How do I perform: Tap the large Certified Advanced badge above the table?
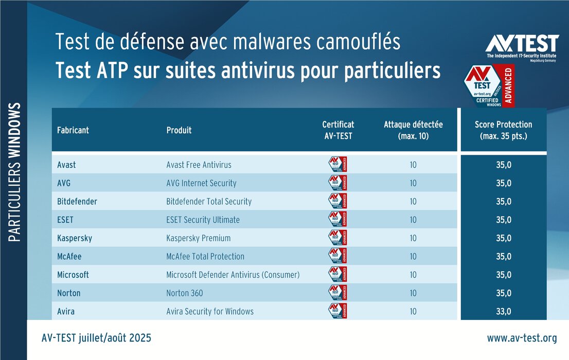(489, 85)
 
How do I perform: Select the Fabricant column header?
(73, 130)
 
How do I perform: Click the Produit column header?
(179, 130)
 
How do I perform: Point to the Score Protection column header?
(503, 130)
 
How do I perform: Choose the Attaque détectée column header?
(413, 130)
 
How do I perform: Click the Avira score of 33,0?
(503, 311)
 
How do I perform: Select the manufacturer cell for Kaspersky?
(75, 238)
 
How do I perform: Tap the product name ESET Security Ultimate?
(203, 220)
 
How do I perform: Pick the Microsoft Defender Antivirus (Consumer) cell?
(233, 275)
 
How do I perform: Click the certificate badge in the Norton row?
(337, 293)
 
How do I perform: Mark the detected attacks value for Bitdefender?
(413, 202)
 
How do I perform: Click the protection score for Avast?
(503, 165)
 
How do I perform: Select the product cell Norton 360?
(185, 293)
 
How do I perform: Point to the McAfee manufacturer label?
(69, 256)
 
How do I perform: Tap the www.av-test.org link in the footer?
(522, 338)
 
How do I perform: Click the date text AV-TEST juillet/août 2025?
(96, 338)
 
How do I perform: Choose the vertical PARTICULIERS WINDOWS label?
(15, 173)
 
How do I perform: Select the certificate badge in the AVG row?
(337, 183)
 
